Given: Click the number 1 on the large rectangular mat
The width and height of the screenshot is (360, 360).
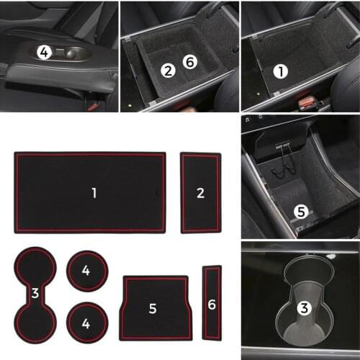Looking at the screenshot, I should [x=94, y=192].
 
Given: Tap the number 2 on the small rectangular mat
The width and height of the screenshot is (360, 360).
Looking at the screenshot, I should [x=200, y=192].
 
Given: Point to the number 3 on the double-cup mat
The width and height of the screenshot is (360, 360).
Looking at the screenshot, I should [x=35, y=293].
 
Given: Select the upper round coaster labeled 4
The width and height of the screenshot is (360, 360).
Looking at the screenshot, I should [x=86, y=271].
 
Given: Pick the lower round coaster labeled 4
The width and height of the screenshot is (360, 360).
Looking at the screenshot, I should [x=86, y=323].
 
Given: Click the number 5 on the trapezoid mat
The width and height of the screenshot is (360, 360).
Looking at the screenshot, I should [x=153, y=309].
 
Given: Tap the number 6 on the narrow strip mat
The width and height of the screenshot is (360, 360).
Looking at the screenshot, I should [x=211, y=305].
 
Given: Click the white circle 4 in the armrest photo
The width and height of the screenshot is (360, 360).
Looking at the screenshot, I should [x=45, y=52].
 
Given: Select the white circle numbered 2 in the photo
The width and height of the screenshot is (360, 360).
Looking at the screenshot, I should [x=168, y=70].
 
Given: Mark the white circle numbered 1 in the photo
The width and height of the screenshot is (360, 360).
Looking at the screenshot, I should [x=281, y=71].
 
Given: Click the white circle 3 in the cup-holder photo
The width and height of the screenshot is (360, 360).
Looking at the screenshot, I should [x=305, y=309].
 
